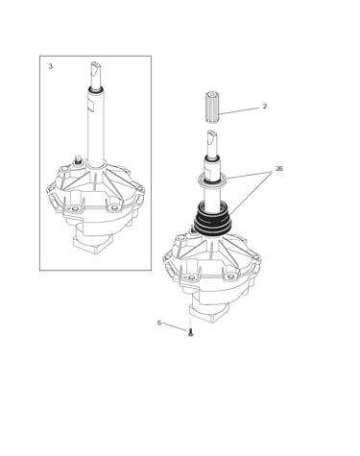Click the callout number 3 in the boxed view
click(x=51, y=66)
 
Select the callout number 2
click(x=264, y=107)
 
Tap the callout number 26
click(x=279, y=169)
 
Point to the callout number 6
click(x=159, y=323)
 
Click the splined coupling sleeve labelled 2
click(x=212, y=107)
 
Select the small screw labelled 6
click(x=190, y=333)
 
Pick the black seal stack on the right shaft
click(x=213, y=220)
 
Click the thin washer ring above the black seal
click(x=213, y=180)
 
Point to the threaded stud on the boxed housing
click(x=77, y=160)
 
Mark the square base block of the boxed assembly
click(x=93, y=245)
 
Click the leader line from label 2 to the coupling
click(x=239, y=111)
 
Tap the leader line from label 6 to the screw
click(x=175, y=327)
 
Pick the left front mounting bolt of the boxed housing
click(x=75, y=209)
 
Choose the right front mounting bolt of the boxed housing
click(x=113, y=209)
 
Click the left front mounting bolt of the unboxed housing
click(x=191, y=276)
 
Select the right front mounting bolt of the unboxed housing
click(x=230, y=276)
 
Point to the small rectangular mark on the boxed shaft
click(x=90, y=107)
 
